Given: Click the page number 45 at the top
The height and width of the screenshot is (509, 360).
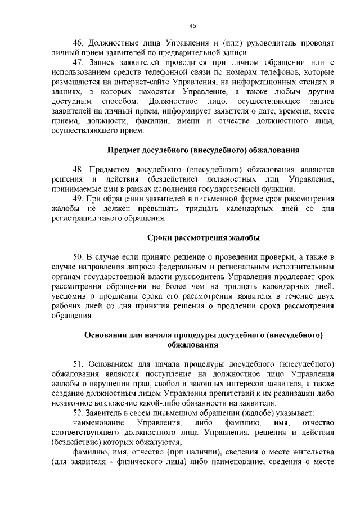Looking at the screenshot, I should coord(192,26).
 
